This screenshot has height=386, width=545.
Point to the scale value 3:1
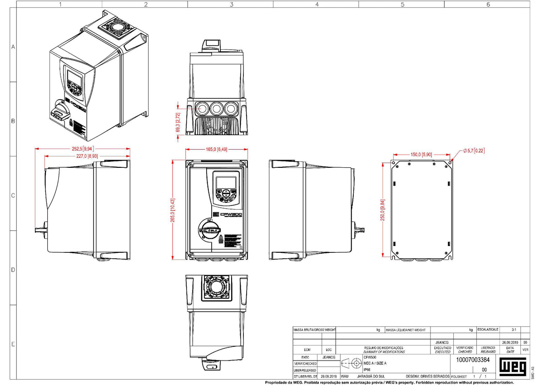coord(514,329)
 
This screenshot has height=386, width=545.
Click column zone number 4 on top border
coord(317,5)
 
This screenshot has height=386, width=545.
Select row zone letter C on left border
coord(13,196)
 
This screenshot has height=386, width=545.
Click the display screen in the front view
coord(226,183)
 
